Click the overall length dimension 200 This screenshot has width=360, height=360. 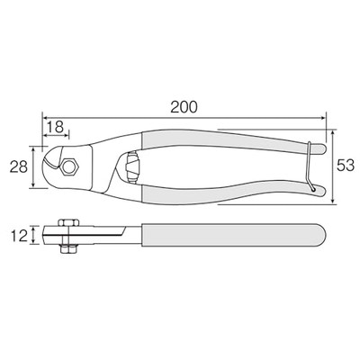click(184, 107)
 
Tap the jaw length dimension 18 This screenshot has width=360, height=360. click(55, 127)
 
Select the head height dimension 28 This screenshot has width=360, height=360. click(19, 167)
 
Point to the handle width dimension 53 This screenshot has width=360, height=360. click(346, 166)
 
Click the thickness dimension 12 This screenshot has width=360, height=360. click(20, 235)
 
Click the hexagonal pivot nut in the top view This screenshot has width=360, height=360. click(69, 166)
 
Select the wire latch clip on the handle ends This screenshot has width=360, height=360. click(310, 166)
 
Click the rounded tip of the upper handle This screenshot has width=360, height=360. click(323, 149)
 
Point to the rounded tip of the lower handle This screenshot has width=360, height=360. click(323, 191)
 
